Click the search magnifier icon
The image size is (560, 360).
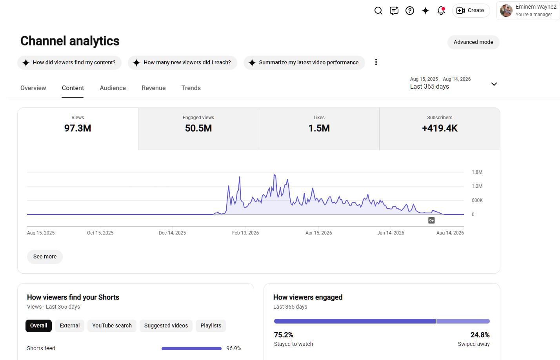[x=378, y=11]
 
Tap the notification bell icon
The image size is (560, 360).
[x=441, y=11]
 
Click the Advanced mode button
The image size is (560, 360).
[x=473, y=42]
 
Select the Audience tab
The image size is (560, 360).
[x=113, y=88]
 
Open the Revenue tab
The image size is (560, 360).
[x=153, y=88]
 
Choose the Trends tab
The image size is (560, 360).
[x=191, y=88]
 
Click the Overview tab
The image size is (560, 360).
[x=33, y=88]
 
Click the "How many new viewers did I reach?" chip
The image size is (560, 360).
[x=182, y=62]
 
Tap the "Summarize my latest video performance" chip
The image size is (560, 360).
[x=304, y=62]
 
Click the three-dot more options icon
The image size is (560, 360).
[x=376, y=62]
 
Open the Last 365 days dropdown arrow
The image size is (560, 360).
[x=494, y=84]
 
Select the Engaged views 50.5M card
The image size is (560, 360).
[x=198, y=129]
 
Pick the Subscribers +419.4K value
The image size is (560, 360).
[x=440, y=128]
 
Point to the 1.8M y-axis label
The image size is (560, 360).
[x=477, y=172]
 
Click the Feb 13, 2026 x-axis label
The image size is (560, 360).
[x=245, y=233]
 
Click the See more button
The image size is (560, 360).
[x=45, y=256]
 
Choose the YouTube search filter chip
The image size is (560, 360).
[x=112, y=325]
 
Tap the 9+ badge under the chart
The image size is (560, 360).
[x=431, y=220]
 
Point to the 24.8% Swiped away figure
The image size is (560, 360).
[x=480, y=335]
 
